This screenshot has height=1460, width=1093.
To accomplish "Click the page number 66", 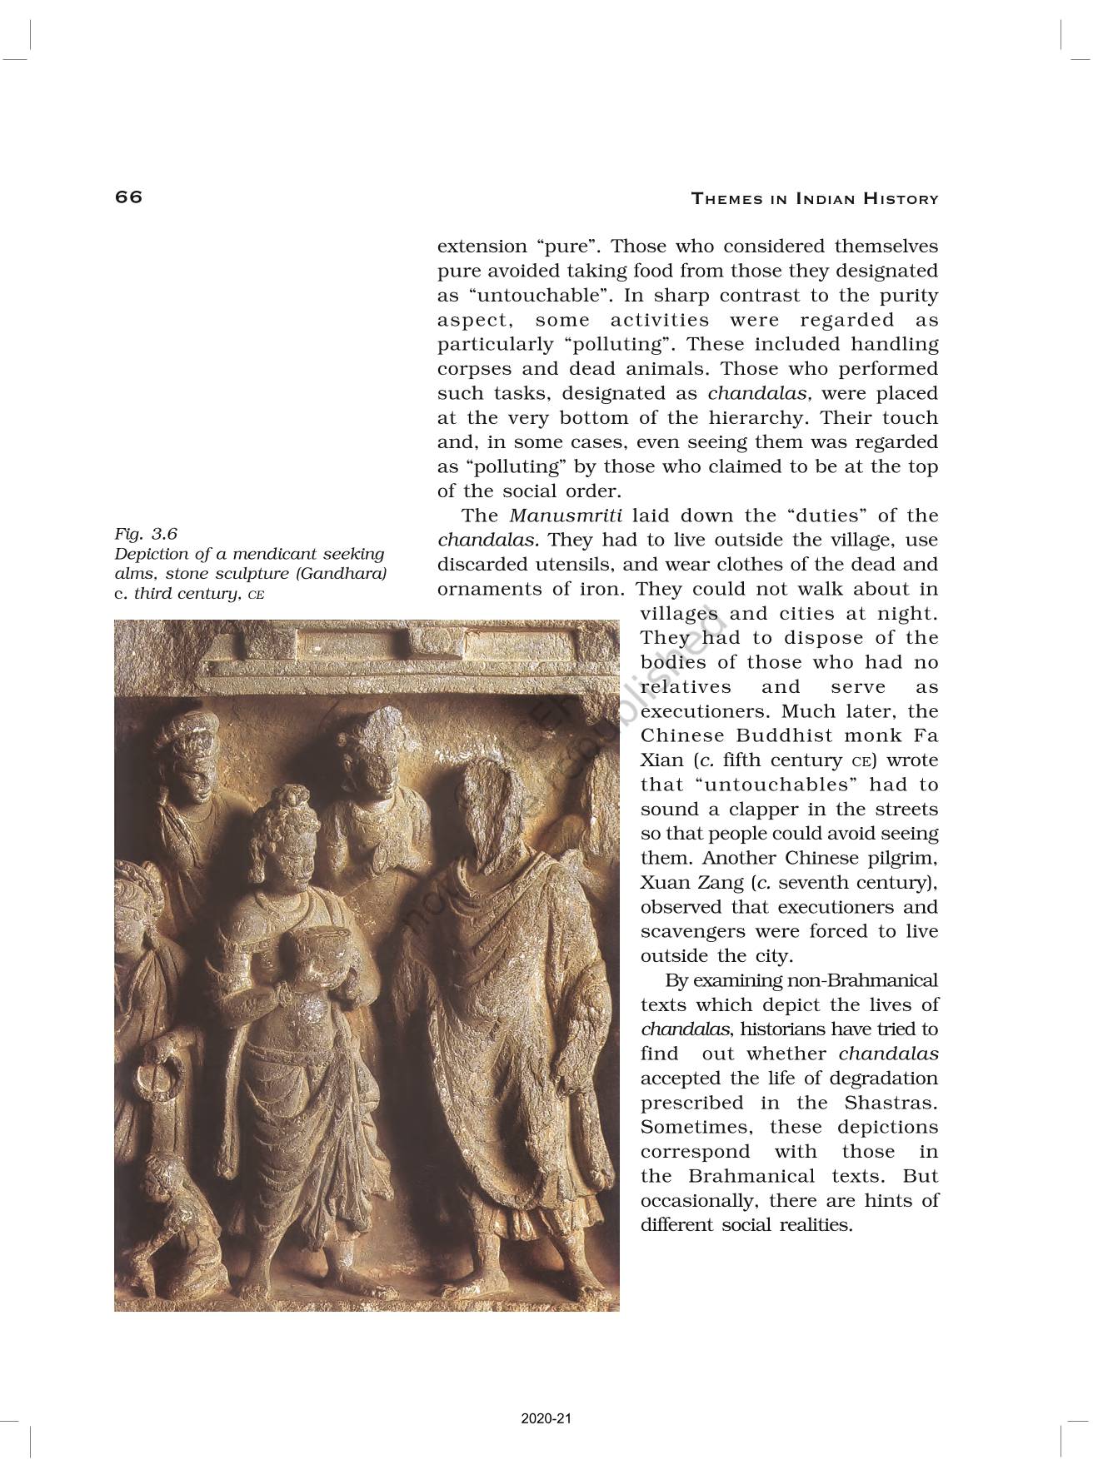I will tap(129, 197).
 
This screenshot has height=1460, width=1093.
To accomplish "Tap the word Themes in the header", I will tap(727, 199).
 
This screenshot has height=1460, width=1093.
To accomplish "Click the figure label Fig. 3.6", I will tap(146, 533).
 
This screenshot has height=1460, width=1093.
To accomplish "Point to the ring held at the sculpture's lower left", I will tap(153, 1080).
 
